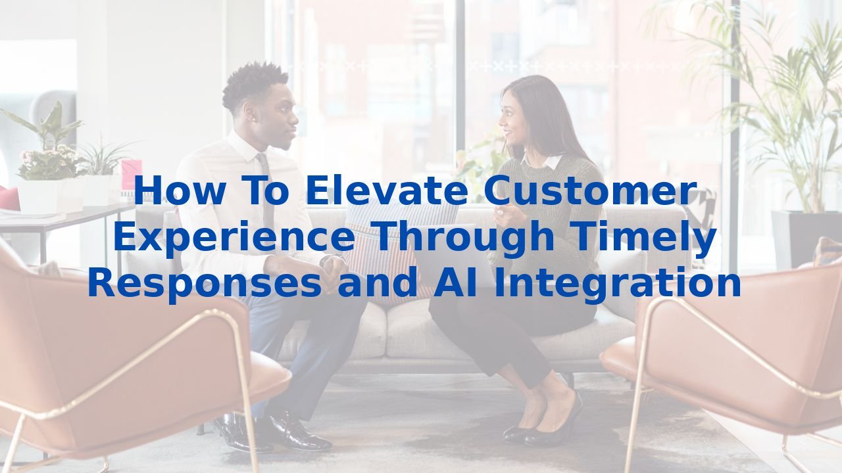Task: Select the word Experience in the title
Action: [x=234, y=237]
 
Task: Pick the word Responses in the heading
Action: [x=205, y=284]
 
